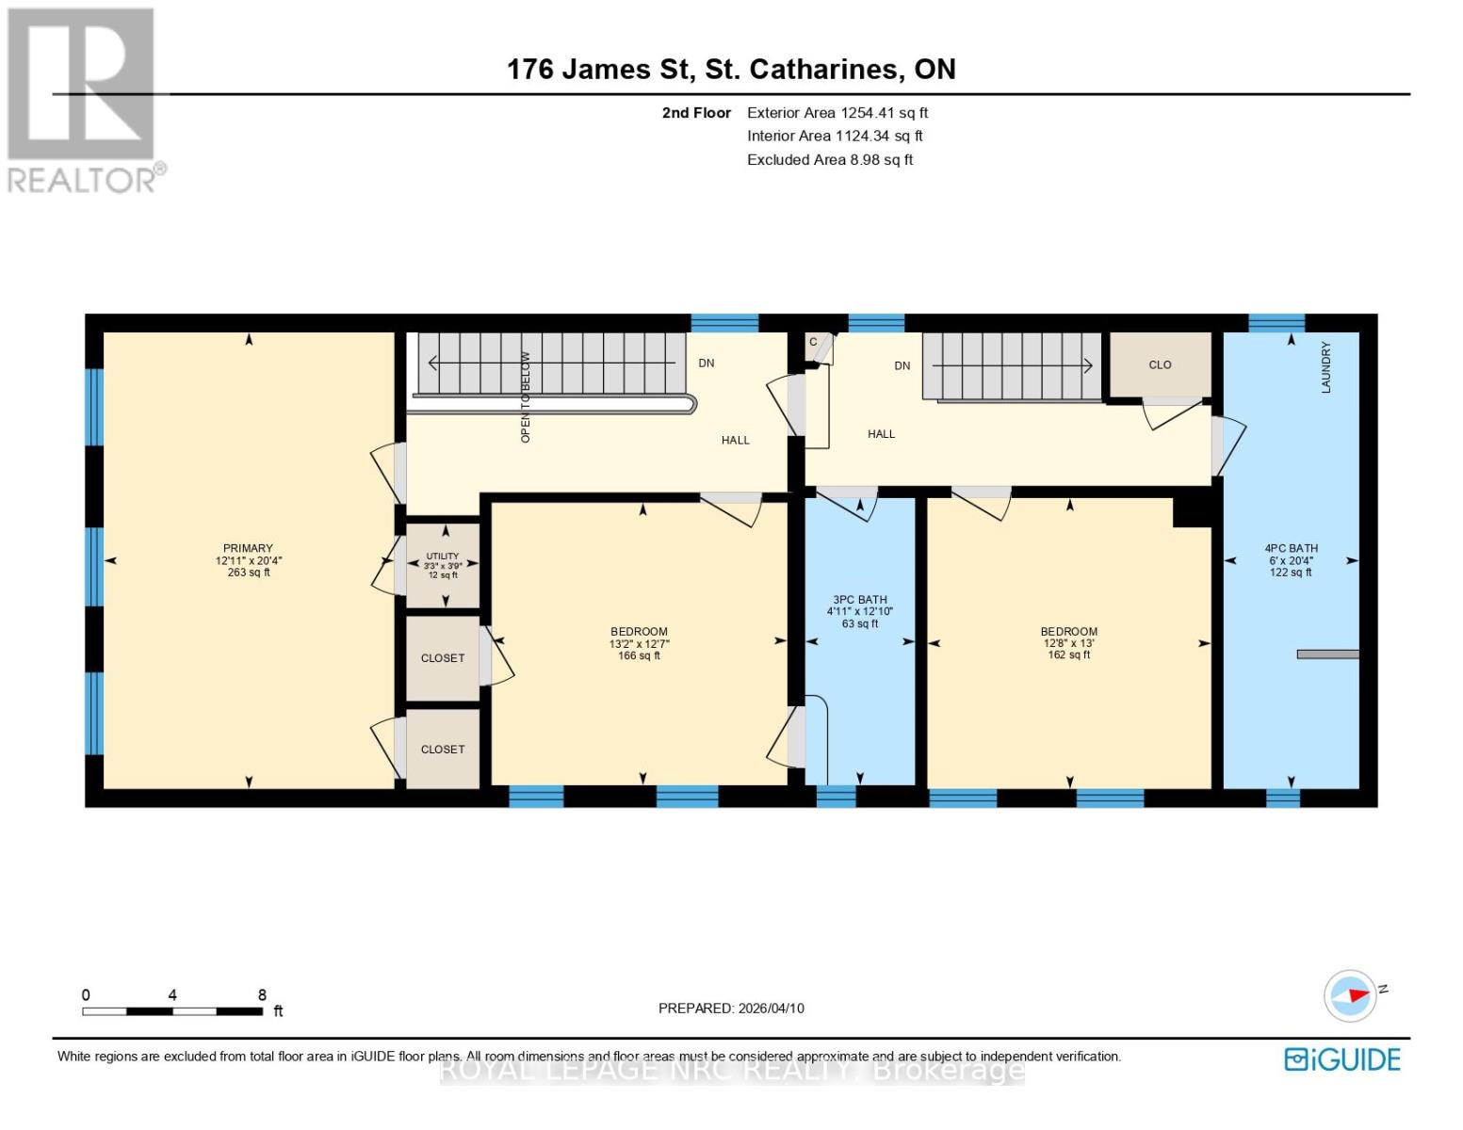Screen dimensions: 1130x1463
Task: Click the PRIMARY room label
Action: pos(248,548)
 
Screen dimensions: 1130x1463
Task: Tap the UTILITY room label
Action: pos(442,557)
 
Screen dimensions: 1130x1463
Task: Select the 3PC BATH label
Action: pos(859,600)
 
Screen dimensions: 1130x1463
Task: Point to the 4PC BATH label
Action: pos(1291,548)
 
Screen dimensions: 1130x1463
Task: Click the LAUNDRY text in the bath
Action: pos(1325,367)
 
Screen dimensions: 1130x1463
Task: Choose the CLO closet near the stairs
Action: pos(1160,364)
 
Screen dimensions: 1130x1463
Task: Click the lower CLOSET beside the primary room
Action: pos(442,750)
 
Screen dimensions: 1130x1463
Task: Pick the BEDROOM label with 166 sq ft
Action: pos(639,632)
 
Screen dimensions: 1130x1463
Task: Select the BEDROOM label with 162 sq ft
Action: pos(1068,632)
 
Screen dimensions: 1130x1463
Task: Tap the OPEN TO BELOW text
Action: pos(526,397)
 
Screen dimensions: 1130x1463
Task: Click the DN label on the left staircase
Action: pos(706,363)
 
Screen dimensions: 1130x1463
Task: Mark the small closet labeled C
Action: pos(813,342)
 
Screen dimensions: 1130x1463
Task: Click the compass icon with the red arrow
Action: pos(1350,995)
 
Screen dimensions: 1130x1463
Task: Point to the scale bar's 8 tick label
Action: pos(262,995)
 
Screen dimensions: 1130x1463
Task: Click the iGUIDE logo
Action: pos(1342,1059)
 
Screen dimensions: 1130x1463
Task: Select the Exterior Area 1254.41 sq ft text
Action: pos(837,113)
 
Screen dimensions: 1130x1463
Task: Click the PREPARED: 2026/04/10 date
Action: pos(731,1009)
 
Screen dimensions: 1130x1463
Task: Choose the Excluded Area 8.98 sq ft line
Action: pos(829,160)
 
